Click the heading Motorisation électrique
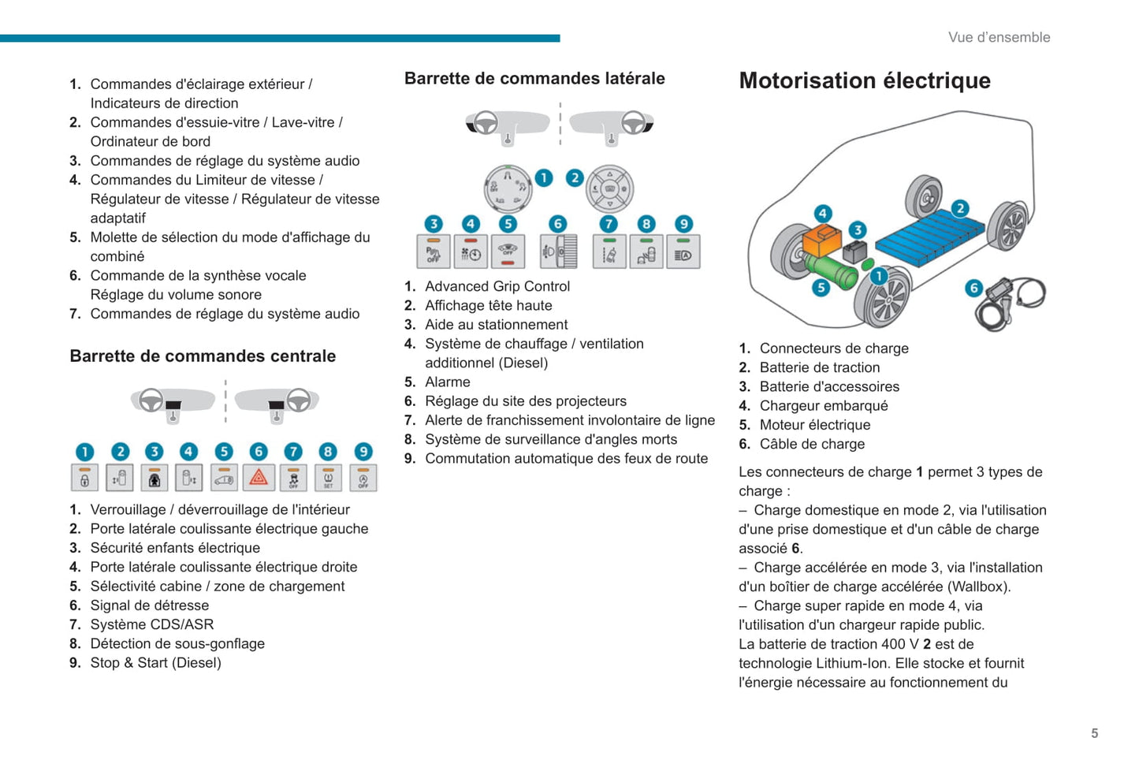[x=865, y=80]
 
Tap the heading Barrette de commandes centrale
[x=203, y=356]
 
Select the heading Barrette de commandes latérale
[x=534, y=78]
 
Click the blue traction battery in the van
[x=930, y=237]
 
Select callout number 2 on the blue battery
[x=959, y=208]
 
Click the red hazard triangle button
[x=259, y=478]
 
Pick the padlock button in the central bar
[x=85, y=478]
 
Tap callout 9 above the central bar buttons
[x=363, y=451]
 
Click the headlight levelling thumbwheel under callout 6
[x=559, y=252]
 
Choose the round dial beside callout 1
[x=508, y=188]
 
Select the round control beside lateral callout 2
[x=609, y=188]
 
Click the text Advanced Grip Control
[x=497, y=286]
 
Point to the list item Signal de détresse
[x=149, y=605]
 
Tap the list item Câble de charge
[x=812, y=444]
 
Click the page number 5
[x=1094, y=733]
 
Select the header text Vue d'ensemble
[x=999, y=37]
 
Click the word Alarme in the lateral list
[x=447, y=382]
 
